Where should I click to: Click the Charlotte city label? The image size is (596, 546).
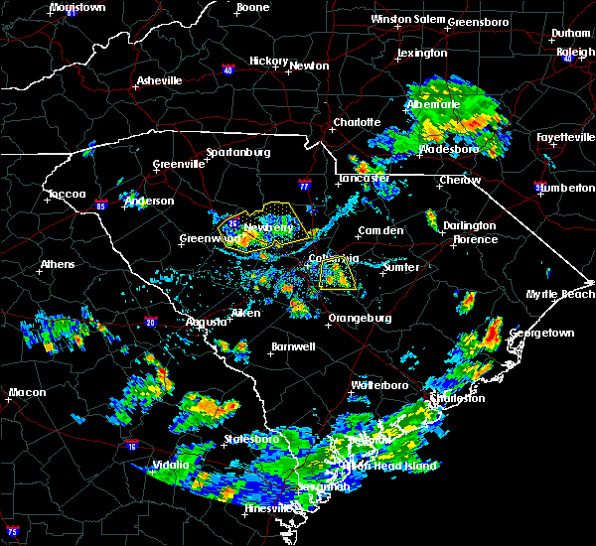(x=357, y=122)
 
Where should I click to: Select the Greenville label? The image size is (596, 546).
(x=178, y=165)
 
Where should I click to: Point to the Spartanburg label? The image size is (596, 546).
(x=238, y=152)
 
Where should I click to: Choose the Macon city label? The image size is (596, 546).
(x=27, y=392)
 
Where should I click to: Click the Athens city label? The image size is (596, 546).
(x=58, y=265)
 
